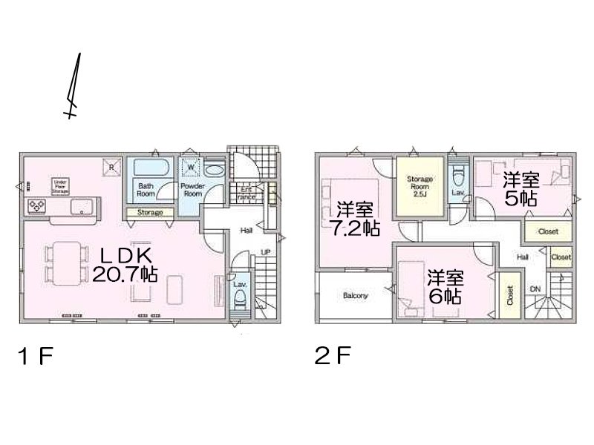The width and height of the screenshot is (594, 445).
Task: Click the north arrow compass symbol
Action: tap(74, 88)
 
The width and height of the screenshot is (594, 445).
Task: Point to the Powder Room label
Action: tap(192, 189)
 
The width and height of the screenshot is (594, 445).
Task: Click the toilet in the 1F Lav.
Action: tap(241, 300)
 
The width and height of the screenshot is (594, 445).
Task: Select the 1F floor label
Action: tap(36, 357)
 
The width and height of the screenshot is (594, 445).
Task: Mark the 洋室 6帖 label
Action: tap(446, 286)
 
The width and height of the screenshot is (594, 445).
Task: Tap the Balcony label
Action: tap(356, 296)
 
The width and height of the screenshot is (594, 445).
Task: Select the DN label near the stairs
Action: tap(535, 289)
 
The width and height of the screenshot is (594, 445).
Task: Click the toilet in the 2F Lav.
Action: tap(458, 175)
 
